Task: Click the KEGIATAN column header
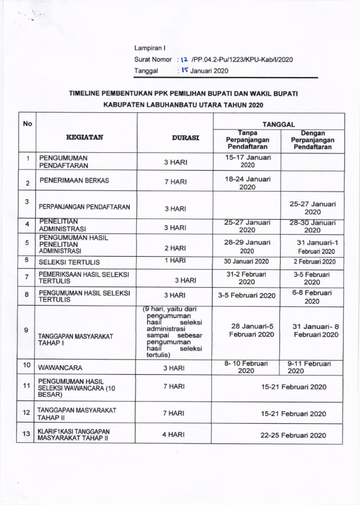85,137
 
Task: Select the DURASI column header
186,137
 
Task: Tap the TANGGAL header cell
278,124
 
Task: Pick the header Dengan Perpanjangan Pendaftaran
312,139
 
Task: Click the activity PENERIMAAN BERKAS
75,180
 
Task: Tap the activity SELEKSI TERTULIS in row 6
69,262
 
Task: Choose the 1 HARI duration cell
175,260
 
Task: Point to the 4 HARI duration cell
173,435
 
